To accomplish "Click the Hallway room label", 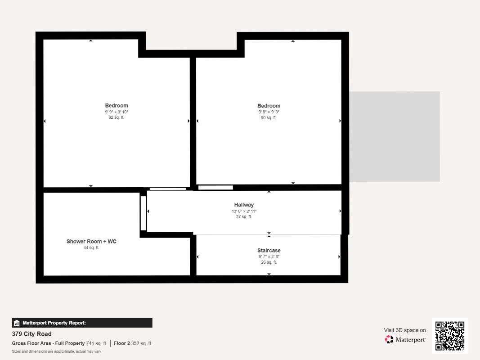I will tap(244, 205).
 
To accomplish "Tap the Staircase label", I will tap(269, 250).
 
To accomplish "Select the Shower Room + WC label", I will tap(91, 242).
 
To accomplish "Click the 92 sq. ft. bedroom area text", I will tap(117, 117).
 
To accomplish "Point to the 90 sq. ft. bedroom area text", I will tap(269, 117).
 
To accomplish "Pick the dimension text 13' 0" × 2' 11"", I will tap(244, 211).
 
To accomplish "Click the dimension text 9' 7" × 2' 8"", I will tap(269, 256).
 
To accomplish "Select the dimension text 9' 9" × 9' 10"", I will tap(117, 112).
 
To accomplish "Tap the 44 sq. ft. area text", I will tap(91, 247).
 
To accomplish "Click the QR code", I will tap(449, 336).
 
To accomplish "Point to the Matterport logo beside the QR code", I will tap(405, 340).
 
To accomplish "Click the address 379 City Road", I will tap(31, 334).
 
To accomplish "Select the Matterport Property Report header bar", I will tap(82, 323).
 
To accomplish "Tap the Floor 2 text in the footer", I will tap(122, 343).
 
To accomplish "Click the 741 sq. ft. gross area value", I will tap(97, 343).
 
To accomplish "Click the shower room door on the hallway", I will tap(143, 213).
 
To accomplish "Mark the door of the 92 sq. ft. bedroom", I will tap(167, 189).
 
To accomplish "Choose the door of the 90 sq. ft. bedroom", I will tap(215, 188).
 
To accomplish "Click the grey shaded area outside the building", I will tap(395, 136).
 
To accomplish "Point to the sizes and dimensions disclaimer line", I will tap(56, 351).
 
